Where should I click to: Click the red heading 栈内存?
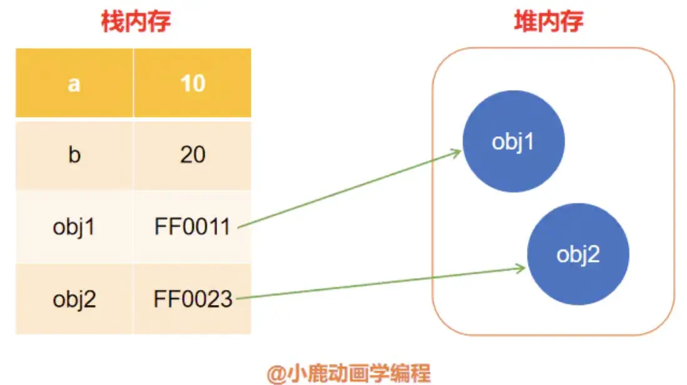click(x=136, y=22)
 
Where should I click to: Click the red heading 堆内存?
click(x=548, y=22)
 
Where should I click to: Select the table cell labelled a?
click(x=74, y=83)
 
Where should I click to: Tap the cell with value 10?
click(x=192, y=83)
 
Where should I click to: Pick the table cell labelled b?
click(x=74, y=155)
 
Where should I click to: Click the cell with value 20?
click(x=192, y=155)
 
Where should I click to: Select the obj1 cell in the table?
click(x=74, y=227)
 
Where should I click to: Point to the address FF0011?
click(x=192, y=227)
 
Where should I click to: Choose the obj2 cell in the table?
click(x=74, y=299)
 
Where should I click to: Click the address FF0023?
click(x=192, y=299)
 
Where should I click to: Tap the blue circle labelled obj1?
click(x=514, y=142)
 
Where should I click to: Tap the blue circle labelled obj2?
click(x=578, y=255)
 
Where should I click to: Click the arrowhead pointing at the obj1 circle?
click(x=457, y=152)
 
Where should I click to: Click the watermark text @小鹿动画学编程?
click(x=349, y=374)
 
